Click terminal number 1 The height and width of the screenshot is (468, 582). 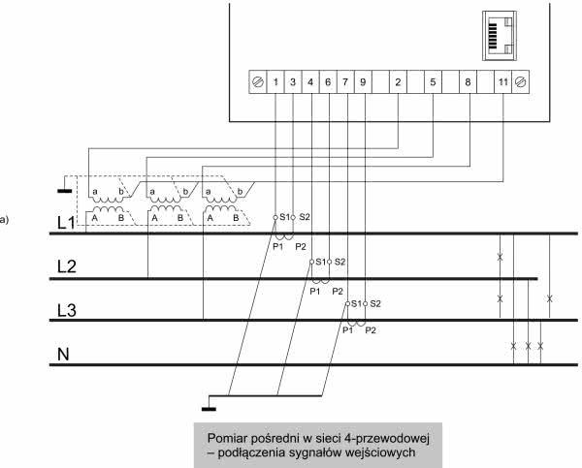(x=276, y=82)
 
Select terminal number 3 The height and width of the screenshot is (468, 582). (x=294, y=82)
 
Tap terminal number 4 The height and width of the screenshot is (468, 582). (x=311, y=82)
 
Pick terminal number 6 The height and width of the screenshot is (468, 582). (x=329, y=82)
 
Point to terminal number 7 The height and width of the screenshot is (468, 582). (x=346, y=82)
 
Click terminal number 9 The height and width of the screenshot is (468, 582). (x=363, y=82)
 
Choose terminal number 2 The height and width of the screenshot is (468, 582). (x=398, y=82)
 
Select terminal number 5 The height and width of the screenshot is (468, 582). (x=432, y=82)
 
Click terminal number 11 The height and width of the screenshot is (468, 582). (x=501, y=82)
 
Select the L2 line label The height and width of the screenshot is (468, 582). (x=65, y=268)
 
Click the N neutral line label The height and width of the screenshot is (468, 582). (x=64, y=355)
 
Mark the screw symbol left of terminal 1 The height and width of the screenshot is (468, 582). (x=258, y=82)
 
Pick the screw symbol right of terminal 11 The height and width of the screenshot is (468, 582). (x=521, y=82)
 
